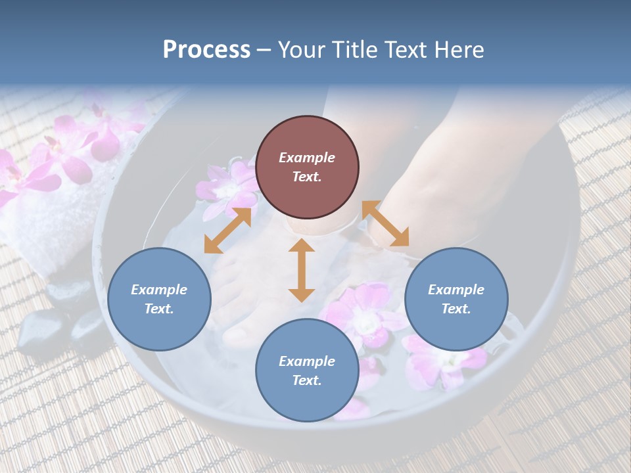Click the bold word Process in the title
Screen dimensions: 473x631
(206, 50)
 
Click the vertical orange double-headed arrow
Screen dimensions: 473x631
(302, 270)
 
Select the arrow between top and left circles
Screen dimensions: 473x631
(227, 231)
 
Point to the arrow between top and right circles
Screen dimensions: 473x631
(385, 224)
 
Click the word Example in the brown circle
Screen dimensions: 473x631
(307, 158)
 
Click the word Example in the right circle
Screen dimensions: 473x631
(456, 290)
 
